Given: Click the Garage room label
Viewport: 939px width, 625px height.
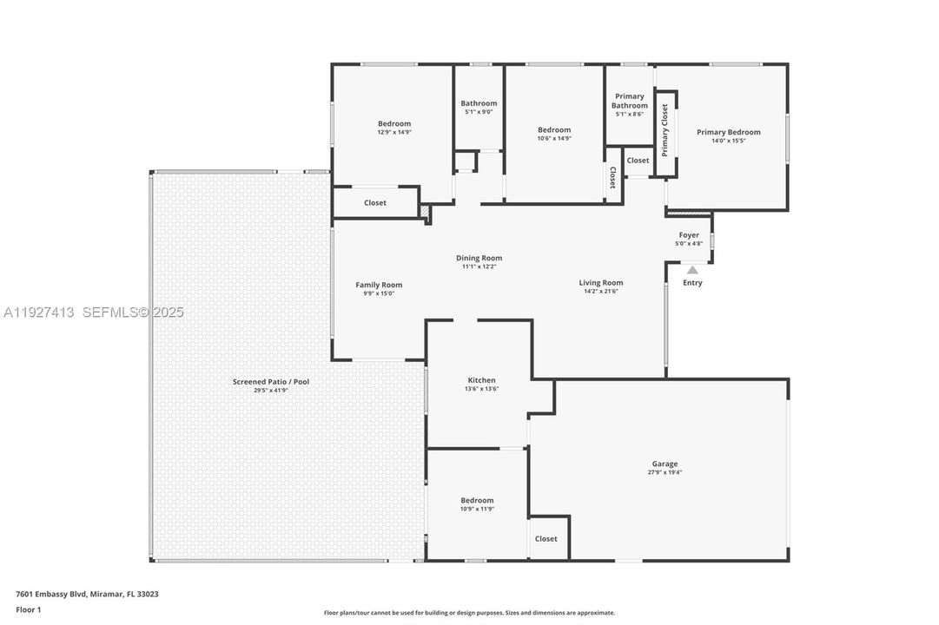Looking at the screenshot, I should [665, 464].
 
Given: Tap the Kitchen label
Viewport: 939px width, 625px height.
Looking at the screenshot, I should [481, 380].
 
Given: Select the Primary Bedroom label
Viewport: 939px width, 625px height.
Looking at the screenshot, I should [728, 132].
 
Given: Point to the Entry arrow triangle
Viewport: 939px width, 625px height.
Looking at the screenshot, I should [692, 270].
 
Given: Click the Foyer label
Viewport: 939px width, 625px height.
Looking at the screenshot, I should [689, 234].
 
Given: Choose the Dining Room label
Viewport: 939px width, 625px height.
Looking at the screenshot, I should [479, 258].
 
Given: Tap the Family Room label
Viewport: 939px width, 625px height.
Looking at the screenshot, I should [379, 285].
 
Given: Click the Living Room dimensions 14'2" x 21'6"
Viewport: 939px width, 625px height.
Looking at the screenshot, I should [601, 292].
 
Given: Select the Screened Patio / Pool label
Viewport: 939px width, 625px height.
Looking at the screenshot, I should [270, 382].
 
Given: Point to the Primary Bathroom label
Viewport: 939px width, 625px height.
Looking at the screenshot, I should [630, 101].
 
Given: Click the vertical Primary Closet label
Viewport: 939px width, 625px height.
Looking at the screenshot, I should [665, 130].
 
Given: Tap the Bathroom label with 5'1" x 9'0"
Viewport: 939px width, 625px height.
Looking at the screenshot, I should [479, 103].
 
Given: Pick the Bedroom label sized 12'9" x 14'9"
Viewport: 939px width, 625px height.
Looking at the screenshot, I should [393, 123].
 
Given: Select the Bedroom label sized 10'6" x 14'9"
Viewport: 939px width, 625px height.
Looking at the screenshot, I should [553, 129].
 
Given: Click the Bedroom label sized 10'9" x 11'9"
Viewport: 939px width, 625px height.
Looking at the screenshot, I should [477, 500].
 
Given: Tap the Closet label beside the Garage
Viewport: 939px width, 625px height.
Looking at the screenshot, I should [546, 539].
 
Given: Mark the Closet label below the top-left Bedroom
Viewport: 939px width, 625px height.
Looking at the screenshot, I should [375, 202].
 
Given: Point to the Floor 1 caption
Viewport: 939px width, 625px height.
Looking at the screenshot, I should [28, 610].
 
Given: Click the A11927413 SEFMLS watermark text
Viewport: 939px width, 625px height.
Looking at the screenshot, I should [92, 312].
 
